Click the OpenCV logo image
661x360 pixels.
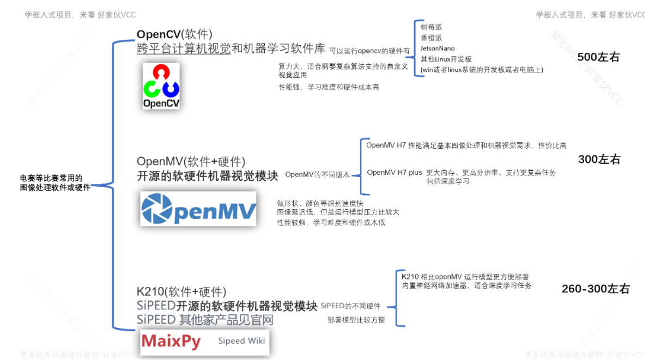161,86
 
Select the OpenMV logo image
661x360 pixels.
198,209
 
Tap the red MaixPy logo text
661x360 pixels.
171,341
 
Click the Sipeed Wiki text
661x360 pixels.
241,341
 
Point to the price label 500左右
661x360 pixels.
598,57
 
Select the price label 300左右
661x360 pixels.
599,160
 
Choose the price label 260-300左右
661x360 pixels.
596,289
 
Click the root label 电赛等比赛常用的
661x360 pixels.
51,178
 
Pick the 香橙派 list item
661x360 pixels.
431,37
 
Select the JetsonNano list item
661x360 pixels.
438,48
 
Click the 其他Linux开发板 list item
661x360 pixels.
446,59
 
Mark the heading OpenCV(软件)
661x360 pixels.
174,34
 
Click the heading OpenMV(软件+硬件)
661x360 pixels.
191,161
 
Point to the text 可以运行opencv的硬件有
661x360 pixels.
369,51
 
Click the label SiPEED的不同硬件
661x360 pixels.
350,306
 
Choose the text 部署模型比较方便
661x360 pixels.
356,320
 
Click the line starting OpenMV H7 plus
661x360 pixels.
462,173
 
